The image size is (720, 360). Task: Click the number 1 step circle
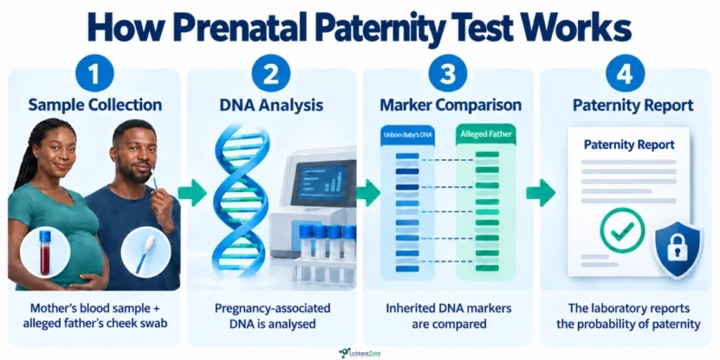(x=95, y=73)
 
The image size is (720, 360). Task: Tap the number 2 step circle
(x=271, y=73)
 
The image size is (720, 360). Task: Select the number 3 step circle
(x=448, y=73)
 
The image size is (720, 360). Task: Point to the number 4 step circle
(x=625, y=73)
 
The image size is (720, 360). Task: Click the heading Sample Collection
(x=95, y=105)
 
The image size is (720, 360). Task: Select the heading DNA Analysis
(x=271, y=105)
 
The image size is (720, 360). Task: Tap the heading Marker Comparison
(x=450, y=105)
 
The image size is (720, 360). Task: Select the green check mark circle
(x=622, y=230)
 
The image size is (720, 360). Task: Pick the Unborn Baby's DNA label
(x=407, y=136)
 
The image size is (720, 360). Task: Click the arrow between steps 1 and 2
(x=193, y=193)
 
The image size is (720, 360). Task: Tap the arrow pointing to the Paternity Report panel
(x=541, y=193)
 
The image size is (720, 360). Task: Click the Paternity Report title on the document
(x=629, y=145)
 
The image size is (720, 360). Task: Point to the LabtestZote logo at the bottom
(x=359, y=353)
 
